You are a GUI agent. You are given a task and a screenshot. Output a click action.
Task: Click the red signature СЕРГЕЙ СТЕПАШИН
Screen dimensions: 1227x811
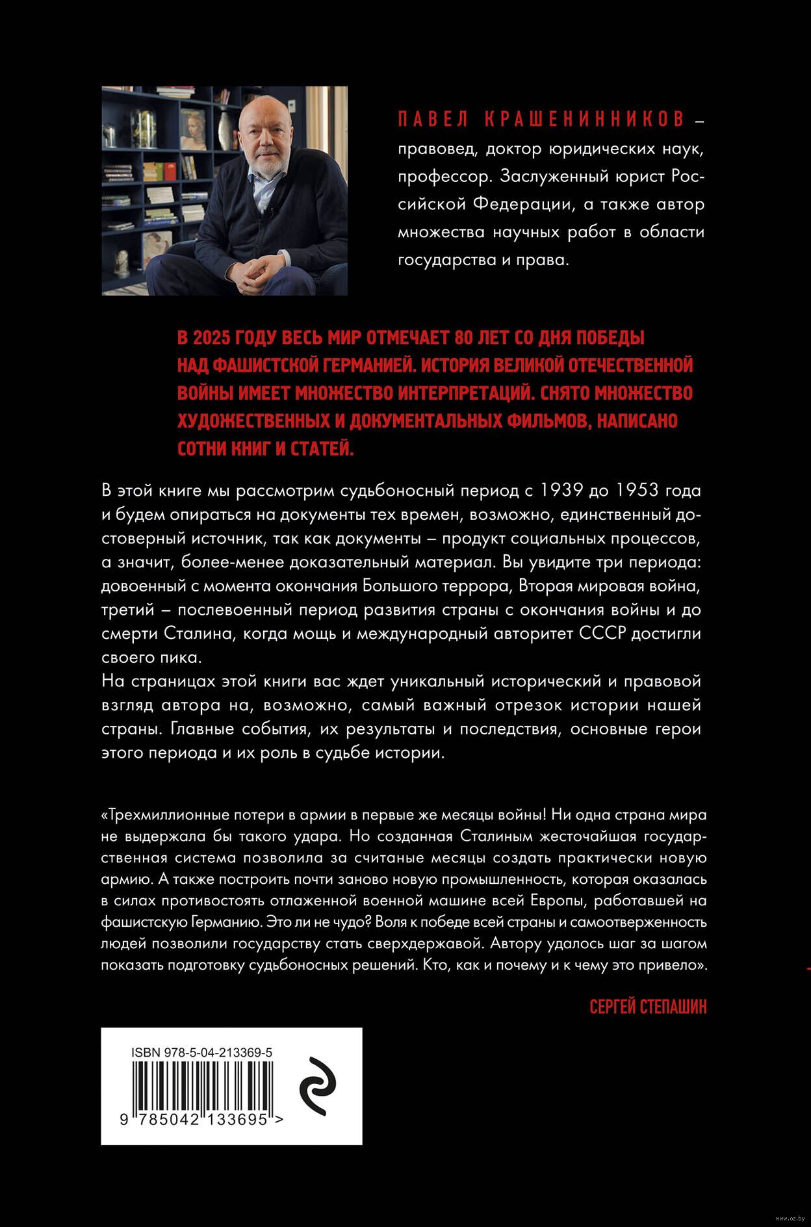648,1007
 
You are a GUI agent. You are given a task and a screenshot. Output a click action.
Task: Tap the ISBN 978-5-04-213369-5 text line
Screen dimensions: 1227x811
201,1052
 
